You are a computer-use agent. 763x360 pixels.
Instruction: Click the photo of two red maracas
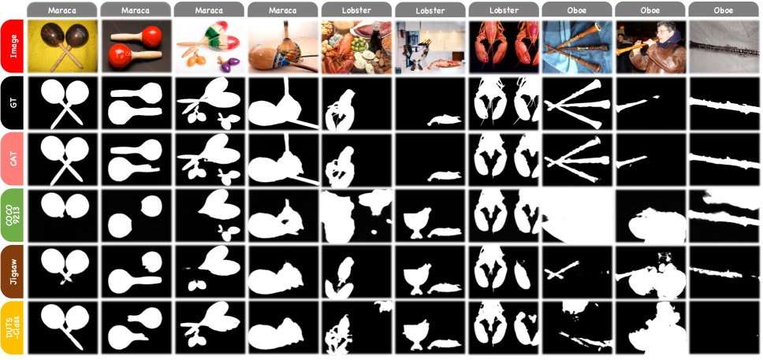(x=136, y=46)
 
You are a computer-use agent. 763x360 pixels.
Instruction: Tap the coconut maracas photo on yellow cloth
(x=62, y=46)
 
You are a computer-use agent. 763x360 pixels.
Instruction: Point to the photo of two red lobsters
(x=504, y=46)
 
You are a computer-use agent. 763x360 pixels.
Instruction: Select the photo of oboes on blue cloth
(x=577, y=46)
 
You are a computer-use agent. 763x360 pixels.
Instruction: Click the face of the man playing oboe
(x=664, y=32)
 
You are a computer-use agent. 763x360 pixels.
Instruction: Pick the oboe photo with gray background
(x=725, y=46)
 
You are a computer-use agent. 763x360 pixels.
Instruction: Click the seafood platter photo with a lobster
(x=357, y=46)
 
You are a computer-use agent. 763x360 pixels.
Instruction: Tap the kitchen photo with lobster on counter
(x=430, y=46)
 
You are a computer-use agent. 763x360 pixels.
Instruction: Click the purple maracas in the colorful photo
(x=225, y=65)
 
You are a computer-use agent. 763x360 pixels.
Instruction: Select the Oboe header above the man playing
(x=650, y=9)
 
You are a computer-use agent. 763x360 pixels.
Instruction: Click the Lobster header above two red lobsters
(x=504, y=9)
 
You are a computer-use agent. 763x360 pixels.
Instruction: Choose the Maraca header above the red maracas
(x=136, y=9)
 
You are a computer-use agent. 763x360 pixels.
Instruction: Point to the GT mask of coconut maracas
(x=62, y=103)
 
